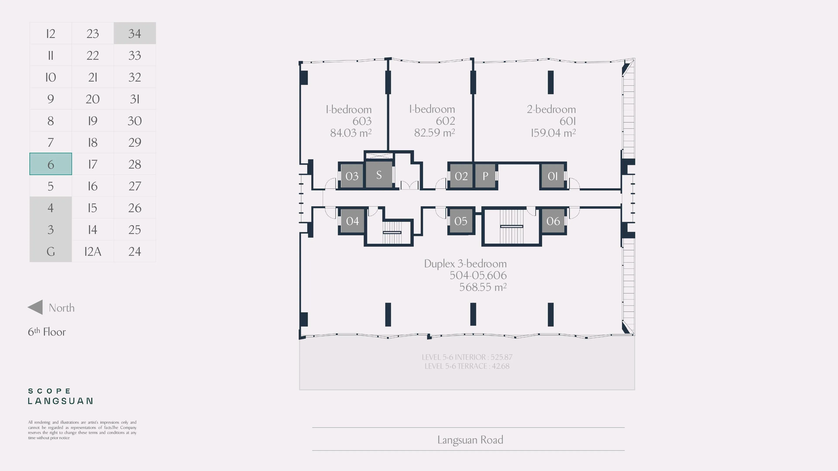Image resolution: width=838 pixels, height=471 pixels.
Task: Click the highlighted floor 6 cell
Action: pos(50,164)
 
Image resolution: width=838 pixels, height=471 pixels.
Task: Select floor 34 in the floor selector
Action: pos(135,33)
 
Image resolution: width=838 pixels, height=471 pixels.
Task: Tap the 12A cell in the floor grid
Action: pos(93,251)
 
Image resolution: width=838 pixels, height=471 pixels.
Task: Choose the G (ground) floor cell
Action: pos(50,251)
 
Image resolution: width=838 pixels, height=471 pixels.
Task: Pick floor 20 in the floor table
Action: pos(93,99)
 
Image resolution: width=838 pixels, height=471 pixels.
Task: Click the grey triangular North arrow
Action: pos(35,307)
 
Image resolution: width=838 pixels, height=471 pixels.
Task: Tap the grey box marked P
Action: pos(485,176)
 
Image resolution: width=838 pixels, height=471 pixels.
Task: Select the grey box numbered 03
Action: pos(352,176)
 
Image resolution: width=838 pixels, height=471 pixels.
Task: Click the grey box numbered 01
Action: pos(553,176)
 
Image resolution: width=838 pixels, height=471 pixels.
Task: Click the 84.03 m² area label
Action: pos(351,133)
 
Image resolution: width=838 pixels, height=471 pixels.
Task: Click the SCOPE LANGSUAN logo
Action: pos(60,396)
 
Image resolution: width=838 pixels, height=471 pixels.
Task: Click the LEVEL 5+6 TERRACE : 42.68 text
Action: pos(467,366)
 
